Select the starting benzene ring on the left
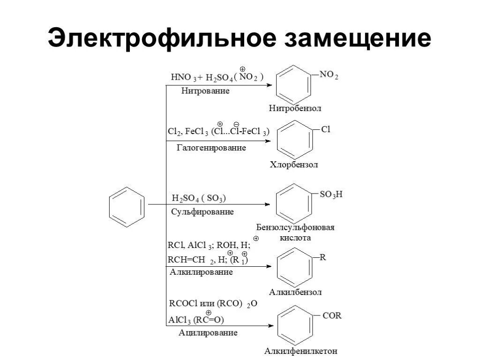126,205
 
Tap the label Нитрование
205,91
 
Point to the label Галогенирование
211,148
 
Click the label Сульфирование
202,211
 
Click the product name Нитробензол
295,108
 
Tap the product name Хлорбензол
294,165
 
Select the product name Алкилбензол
295,292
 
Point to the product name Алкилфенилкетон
301,351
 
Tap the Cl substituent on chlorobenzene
326,129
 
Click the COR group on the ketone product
332,315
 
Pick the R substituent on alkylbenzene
322,257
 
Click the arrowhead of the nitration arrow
269,85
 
